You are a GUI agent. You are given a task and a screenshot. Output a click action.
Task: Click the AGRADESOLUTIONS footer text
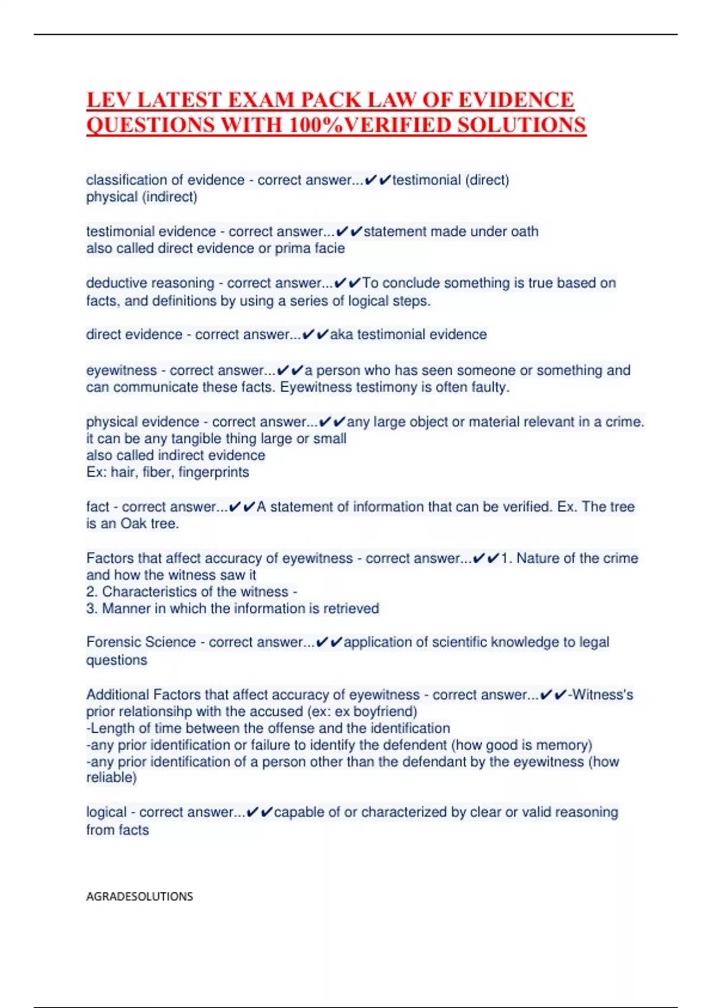pyautogui.click(x=139, y=897)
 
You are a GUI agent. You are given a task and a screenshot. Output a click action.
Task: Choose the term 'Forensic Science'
pyautogui.click(x=141, y=642)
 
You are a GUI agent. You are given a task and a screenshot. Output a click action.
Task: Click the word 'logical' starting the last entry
pyautogui.click(x=106, y=812)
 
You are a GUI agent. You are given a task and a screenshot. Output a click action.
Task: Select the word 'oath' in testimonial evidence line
pyautogui.click(x=525, y=231)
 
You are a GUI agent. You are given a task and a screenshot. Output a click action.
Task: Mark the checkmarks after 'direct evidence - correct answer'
pyautogui.click(x=315, y=334)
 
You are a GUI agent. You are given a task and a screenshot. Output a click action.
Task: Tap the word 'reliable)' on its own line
pyautogui.click(x=112, y=777)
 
